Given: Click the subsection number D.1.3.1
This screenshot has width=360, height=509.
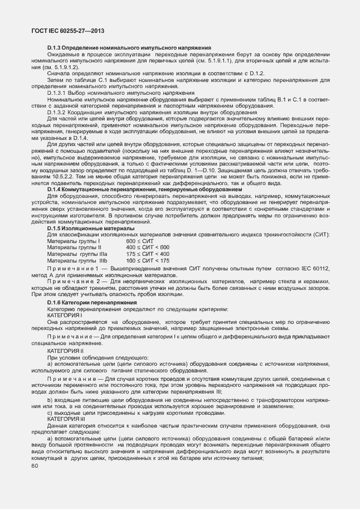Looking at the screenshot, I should [x=59, y=92].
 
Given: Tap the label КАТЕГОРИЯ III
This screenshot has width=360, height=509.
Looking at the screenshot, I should [x=66, y=419].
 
